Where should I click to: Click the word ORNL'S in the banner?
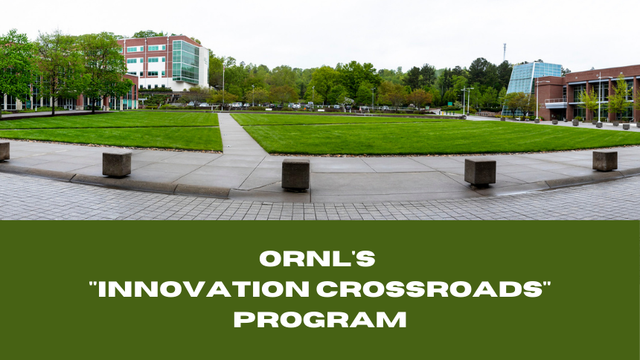(x=317, y=258)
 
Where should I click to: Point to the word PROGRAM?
(x=320, y=320)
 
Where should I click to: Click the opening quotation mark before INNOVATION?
(x=93, y=284)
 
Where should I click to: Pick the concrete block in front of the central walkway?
(x=295, y=175)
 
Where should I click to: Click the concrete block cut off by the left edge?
(x=4, y=152)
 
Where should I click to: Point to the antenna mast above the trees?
(x=505, y=52)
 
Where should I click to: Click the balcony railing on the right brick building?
(x=556, y=100)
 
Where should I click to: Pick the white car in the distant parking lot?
(x=237, y=105)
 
